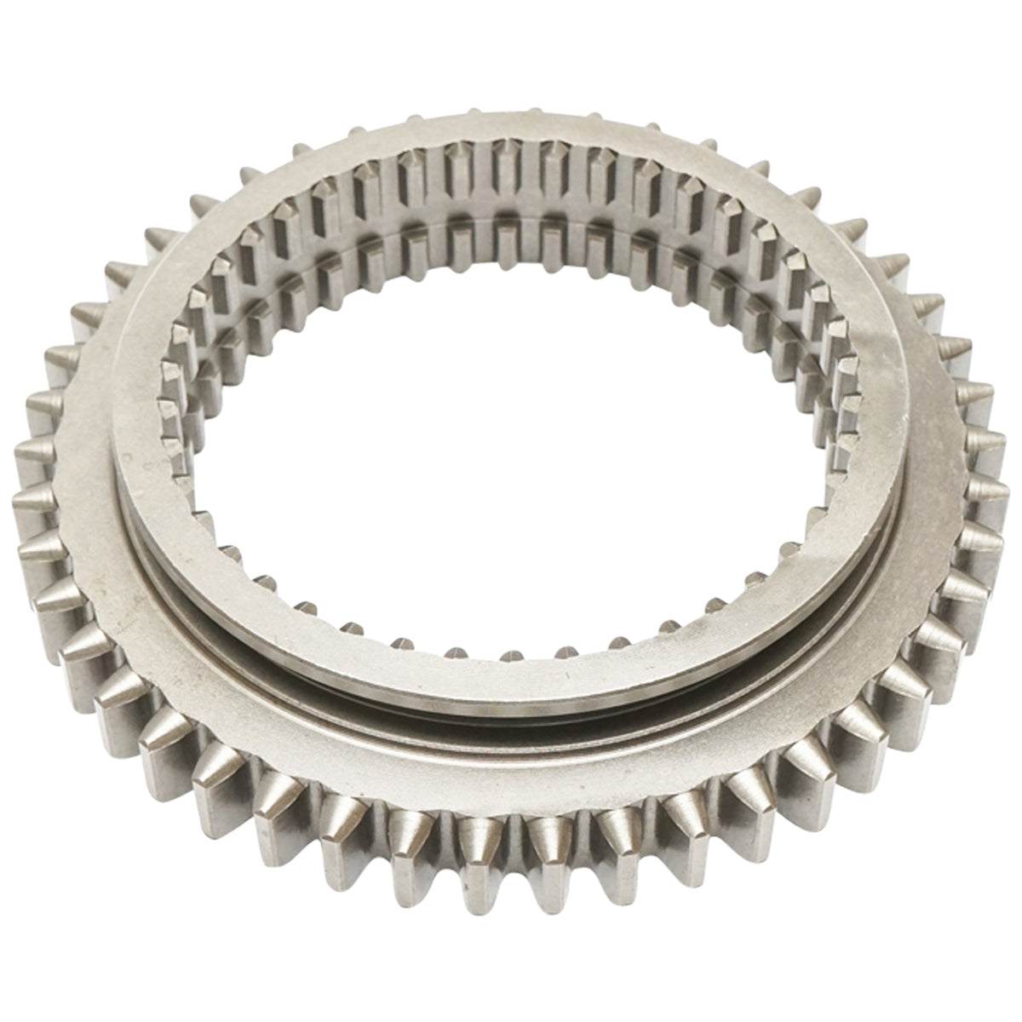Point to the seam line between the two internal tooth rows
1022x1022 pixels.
click(511, 217)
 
